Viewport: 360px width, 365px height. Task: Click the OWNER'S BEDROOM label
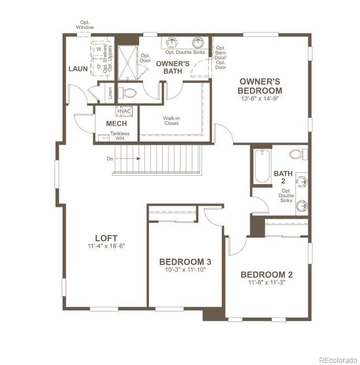[260, 85]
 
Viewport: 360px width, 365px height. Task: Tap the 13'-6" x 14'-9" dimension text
[260, 98]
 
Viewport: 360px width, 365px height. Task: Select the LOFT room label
[106, 238]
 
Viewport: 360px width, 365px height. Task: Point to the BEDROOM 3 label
[185, 262]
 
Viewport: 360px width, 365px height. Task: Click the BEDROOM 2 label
[267, 274]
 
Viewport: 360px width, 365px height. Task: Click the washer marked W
[98, 49]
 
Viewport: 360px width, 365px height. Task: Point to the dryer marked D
[98, 67]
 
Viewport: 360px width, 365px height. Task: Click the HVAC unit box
[124, 111]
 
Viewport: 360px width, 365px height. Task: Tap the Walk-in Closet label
[171, 121]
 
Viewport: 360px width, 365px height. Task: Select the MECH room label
[116, 124]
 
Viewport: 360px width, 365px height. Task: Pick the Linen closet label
[110, 93]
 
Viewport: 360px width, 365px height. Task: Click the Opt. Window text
[84, 25]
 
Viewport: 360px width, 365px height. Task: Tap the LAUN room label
[78, 69]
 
